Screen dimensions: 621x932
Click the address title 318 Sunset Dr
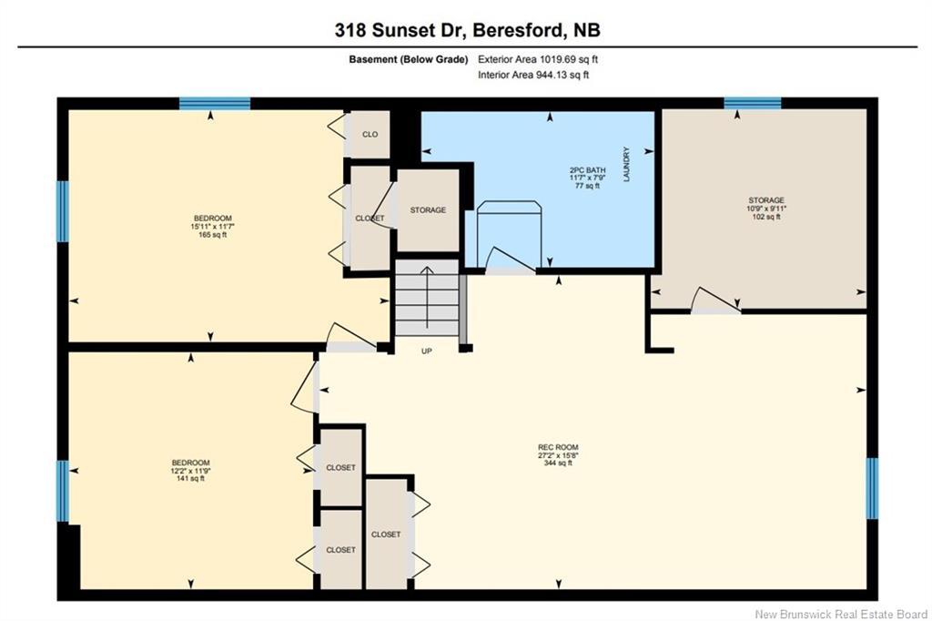coord(467,30)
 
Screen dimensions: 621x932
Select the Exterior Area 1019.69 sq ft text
coord(538,59)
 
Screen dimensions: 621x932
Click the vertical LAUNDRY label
coord(626,166)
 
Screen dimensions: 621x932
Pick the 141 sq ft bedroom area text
coord(189,479)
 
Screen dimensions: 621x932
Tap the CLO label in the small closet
coord(370,135)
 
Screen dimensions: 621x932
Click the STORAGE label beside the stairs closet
coord(427,210)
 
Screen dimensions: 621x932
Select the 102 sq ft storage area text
coord(766,218)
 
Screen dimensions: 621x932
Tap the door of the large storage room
coord(714,301)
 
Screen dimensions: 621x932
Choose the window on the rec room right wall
coord(871,487)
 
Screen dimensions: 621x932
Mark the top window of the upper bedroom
coord(214,104)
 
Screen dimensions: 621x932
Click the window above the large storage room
coord(752,103)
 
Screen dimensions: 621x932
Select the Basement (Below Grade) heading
coord(408,59)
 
